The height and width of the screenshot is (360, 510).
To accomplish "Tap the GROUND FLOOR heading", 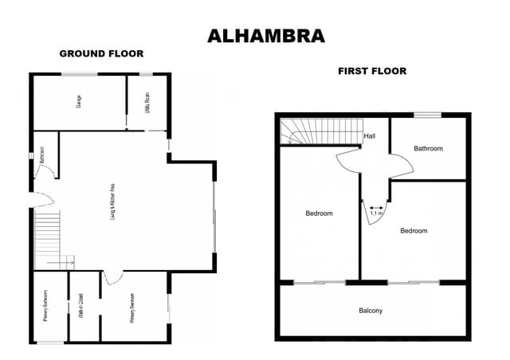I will coord(101,54).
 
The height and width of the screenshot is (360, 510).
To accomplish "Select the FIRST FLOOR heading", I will coord(372,71).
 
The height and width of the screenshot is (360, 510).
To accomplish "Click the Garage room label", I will coord(79,102).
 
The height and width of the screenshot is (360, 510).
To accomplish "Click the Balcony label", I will coord(371,311).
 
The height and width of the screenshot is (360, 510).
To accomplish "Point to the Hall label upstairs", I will coord(369,136).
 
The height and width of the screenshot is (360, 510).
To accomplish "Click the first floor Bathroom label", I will coord(428,148).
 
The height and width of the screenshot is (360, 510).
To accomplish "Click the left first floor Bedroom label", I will coord(319,213).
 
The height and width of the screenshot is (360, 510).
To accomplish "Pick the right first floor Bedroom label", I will coord(414,231).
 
